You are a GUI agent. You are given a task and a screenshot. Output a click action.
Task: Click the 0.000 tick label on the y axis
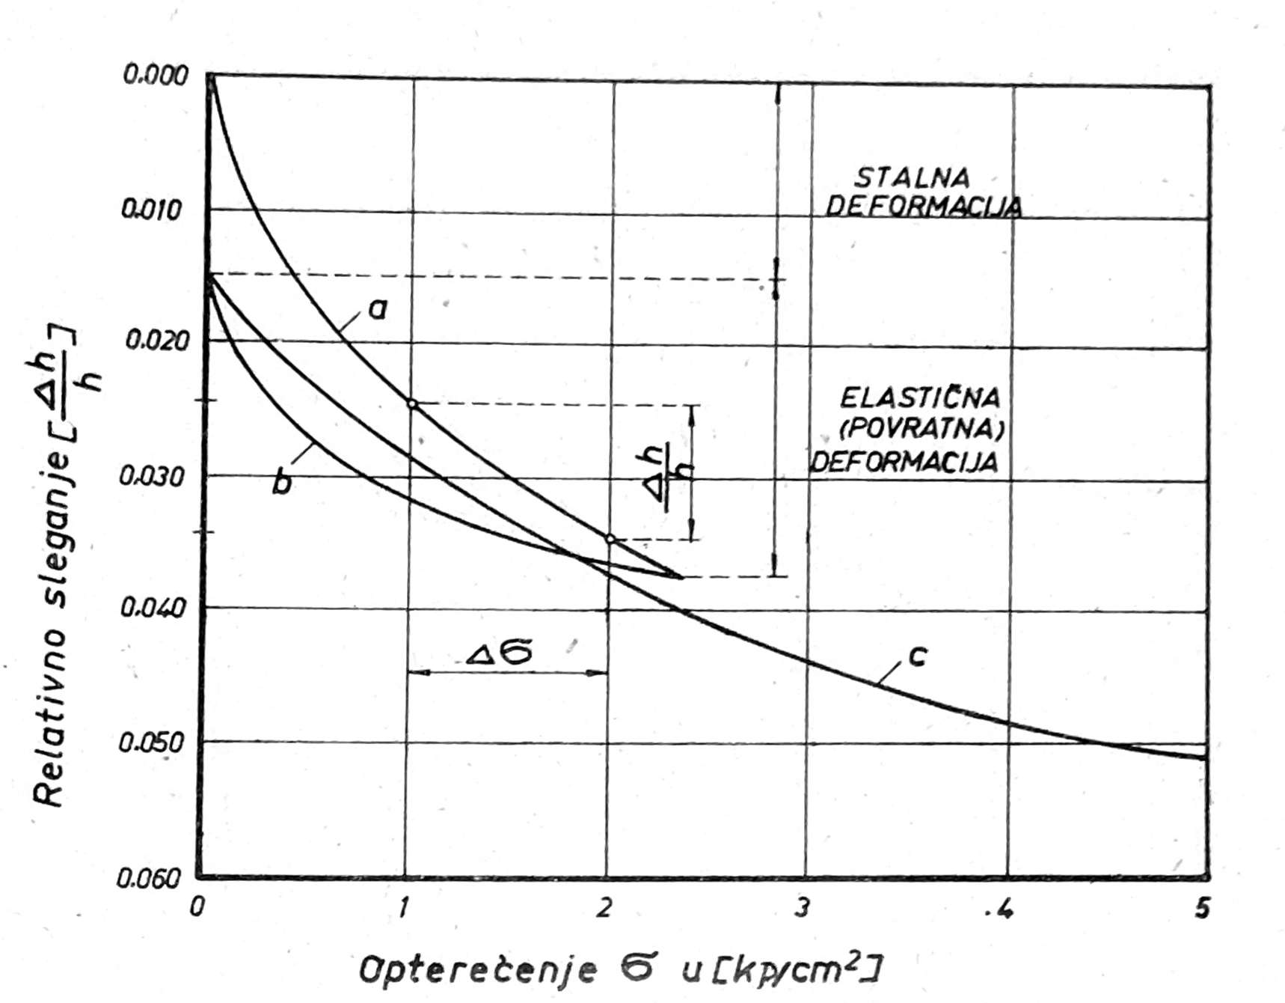click(156, 76)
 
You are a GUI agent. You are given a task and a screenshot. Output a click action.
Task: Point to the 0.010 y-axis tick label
click(152, 210)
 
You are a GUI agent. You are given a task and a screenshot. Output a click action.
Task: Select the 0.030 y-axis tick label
click(152, 476)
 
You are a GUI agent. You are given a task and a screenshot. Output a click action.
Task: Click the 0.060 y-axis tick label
click(150, 877)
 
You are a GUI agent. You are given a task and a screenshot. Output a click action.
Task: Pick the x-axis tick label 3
click(803, 908)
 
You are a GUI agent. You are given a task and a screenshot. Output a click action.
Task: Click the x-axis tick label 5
click(1202, 908)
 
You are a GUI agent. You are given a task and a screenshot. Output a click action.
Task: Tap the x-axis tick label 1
click(403, 908)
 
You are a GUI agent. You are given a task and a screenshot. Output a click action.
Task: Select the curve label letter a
click(378, 308)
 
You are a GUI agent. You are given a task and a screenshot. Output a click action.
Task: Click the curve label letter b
click(282, 483)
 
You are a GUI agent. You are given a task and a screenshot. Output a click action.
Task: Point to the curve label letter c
click(918, 656)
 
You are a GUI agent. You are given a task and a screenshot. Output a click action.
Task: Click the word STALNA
click(912, 178)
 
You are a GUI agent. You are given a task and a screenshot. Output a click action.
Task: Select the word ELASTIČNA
click(920, 397)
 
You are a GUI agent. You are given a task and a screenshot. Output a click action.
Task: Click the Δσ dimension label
click(500, 653)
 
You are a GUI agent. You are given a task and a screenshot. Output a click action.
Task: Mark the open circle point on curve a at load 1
click(411, 404)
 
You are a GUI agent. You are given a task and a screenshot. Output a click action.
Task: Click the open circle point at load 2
click(610, 539)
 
